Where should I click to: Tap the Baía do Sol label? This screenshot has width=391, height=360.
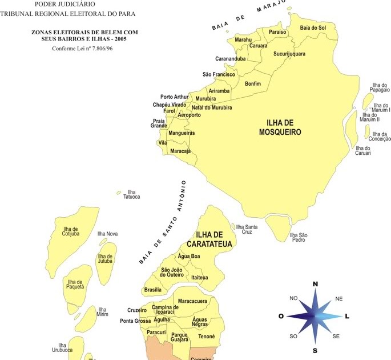coord(313,27)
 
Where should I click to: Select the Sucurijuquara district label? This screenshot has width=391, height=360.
coord(289,54)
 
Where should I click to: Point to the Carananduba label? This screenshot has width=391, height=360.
coord(231,59)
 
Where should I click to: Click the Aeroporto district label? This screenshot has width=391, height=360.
coord(189,115)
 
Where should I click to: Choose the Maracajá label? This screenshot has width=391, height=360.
coord(180,151)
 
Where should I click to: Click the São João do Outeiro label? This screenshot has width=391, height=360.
coord(172,272)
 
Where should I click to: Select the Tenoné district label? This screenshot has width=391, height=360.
coord(207,337)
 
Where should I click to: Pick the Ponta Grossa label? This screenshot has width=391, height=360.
coord(135,321)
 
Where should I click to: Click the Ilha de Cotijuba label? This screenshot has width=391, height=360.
coord(71,231)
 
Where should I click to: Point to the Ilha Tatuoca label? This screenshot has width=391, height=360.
coord(131,194)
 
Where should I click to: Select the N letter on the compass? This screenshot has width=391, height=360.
coord(315,283)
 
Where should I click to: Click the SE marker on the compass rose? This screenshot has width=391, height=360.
coord(336,336)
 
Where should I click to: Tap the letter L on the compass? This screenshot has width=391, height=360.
coord(348,316)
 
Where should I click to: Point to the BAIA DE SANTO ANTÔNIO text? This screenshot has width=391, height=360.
coord(163,222)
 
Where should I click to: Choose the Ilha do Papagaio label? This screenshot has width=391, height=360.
coord(380,87)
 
